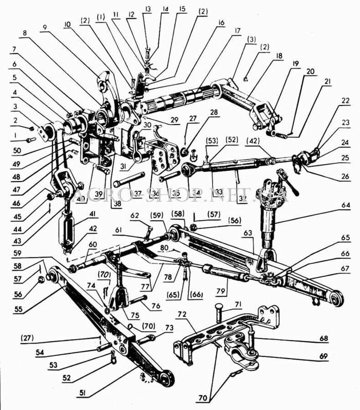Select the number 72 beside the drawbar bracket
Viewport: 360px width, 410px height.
[182, 315]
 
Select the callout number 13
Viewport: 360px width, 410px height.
[147, 9]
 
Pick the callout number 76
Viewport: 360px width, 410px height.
[156, 306]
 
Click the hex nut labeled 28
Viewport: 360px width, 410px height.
[184, 151]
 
